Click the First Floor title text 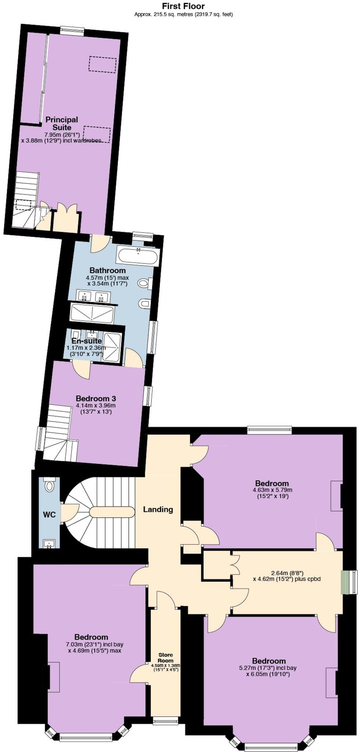tap(183, 6)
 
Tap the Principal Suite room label tap(62, 124)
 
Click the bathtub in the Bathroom tap(137, 255)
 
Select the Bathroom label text tap(108, 271)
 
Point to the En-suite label tap(86, 341)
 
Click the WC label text tap(49, 515)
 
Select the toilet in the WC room tap(49, 485)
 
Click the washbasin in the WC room tap(49, 543)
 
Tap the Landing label tap(158, 509)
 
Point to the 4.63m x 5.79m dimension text tap(272, 490)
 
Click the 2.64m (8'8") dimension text tap(287, 573)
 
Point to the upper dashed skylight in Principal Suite tap(102, 64)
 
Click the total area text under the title tap(183, 15)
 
